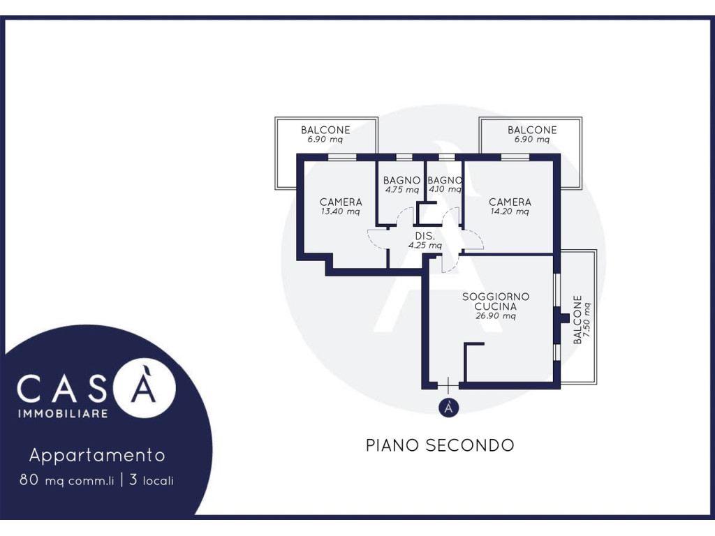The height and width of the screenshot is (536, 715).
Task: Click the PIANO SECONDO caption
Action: click(x=440, y=445)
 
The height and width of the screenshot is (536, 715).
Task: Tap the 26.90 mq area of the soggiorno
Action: click(x=496, y=316)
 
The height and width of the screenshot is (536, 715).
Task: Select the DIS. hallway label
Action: click(x=425, y=236)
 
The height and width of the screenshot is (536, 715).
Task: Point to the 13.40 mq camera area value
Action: click(x=341, y=211)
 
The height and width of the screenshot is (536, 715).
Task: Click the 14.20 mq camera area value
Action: click(x=510, y=211)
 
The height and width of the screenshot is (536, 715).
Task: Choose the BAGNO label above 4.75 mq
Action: click(x=401, y=181)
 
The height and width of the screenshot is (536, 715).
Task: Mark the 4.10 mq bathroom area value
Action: click(x=445, y=189)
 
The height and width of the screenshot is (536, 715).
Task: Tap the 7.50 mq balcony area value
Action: click(x=587, y=320)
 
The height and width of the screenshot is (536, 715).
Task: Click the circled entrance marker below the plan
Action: click(x=449, y=408)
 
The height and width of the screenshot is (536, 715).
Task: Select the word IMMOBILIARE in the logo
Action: click(x=63, y=413)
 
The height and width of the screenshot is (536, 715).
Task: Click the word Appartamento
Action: click(x=97, y=455)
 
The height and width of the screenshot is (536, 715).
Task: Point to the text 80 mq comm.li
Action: click(x=66, y=480)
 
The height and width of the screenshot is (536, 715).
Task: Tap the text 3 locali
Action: click(x=152, y=480)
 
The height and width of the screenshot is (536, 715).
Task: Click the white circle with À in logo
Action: click(x=145, y=388)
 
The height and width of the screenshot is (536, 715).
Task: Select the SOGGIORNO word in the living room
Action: click(x=496, y=297)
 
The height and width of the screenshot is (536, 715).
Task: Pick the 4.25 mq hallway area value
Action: click(x=425, y=245)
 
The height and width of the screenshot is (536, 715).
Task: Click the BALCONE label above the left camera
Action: click(x=325, y=130)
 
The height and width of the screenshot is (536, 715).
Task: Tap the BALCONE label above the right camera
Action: click(x=532, y=130)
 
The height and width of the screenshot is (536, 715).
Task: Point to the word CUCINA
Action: click(x=496, y=306)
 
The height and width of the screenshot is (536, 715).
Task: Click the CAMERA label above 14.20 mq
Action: click(x=510, y=202)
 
